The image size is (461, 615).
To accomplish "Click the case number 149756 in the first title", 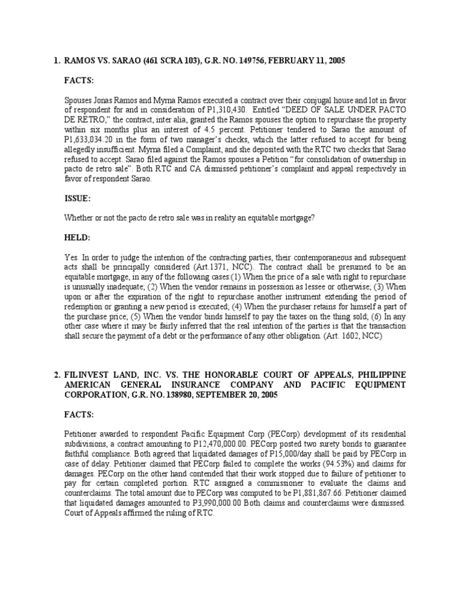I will tap(253, 61).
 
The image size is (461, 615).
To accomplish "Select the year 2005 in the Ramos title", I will tap(334, 61).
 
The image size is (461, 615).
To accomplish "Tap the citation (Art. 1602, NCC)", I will tap(348, 336).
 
